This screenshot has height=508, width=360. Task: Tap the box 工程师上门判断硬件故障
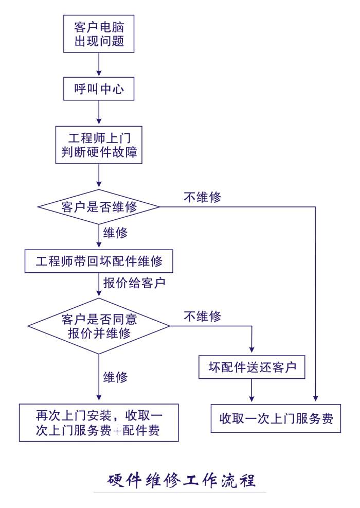[98, 146]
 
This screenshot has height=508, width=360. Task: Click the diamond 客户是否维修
[99, 207]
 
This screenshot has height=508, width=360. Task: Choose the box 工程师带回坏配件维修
[99, 261]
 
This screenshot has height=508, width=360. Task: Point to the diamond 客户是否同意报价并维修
[99, 326]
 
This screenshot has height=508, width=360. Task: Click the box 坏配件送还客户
[252, 367]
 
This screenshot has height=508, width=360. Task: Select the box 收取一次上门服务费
[276, 418]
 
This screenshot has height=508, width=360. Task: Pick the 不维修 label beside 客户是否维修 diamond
[202, 197]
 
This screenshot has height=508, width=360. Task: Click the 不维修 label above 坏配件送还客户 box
[202, 316]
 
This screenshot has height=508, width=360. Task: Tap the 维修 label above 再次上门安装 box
[116, 376]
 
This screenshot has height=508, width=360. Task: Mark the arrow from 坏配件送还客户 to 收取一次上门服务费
[252, 391]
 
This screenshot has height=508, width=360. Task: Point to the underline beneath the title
[180, 493]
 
